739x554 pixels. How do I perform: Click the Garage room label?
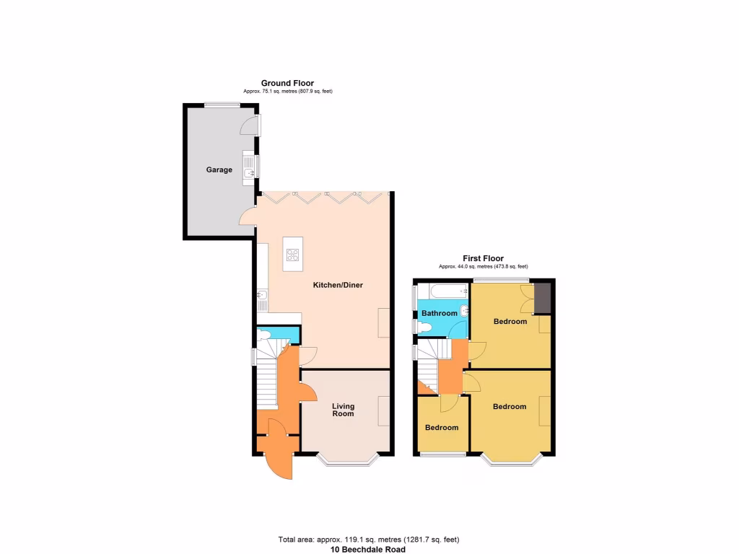[x=219, y=170]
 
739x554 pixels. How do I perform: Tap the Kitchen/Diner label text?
[x=338, y=286]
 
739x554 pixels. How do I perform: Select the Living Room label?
[x=343, y=410]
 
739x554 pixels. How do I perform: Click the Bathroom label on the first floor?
[x=440, y=314]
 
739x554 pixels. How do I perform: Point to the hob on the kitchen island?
[x=293, y=255]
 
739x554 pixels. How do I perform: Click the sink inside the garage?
[x=249, y=172]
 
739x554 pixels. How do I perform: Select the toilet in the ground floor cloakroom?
[x=264, y=335]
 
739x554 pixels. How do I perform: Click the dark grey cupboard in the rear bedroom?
[x=542, y=298]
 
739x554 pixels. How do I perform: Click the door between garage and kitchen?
[x=247, y=216]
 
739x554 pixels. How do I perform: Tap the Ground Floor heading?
[x=287, y=84]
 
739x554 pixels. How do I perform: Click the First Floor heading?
[x=483, y=258]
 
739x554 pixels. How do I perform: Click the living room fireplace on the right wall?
[x=384, y=410]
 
